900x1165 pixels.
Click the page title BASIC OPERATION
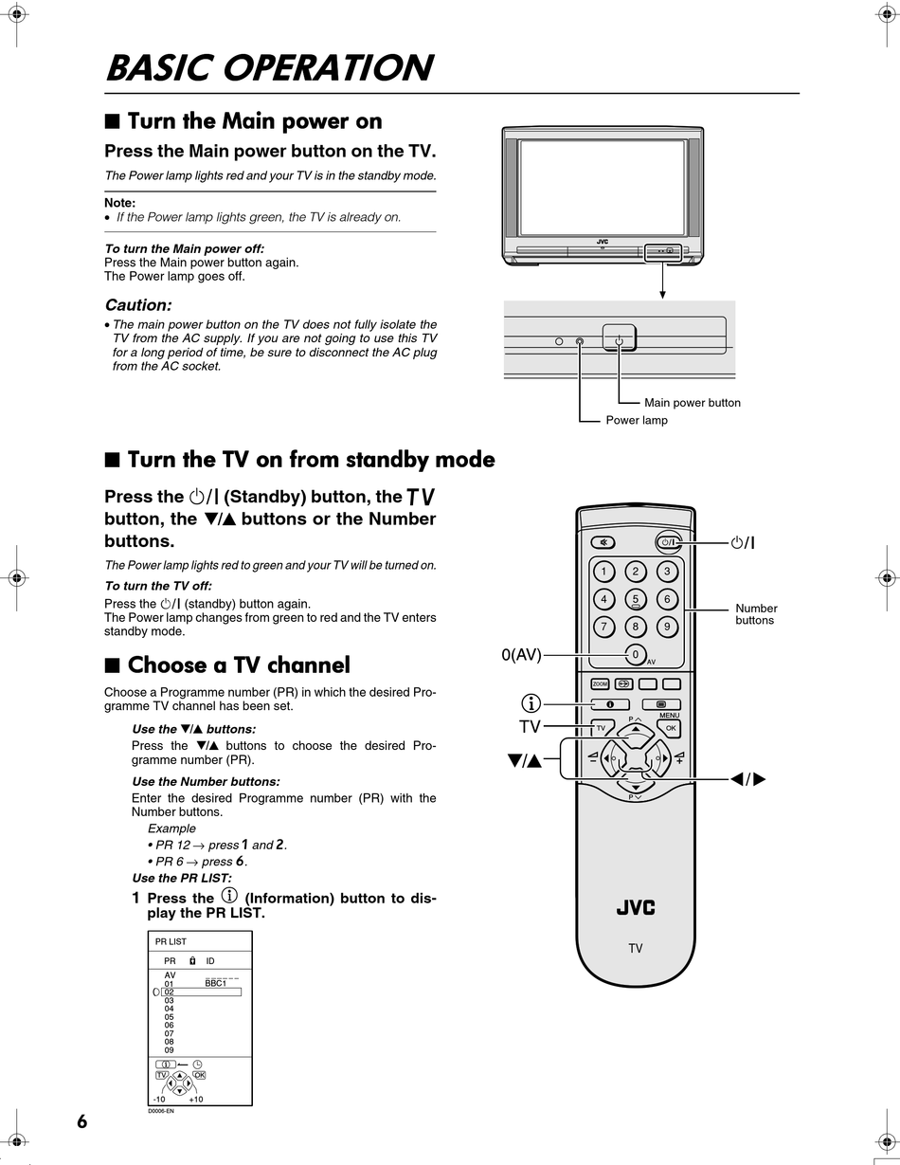click(269, 68)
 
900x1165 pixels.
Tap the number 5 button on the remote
click(636, 599)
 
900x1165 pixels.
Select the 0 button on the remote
click(636, 654)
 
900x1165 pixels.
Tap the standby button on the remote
click(668, 543)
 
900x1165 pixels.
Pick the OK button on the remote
click(670, 728)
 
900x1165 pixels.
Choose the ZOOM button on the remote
click(600, 683)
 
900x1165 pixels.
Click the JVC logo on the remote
click(636, 908)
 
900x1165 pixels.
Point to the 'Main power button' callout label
click(692, 403)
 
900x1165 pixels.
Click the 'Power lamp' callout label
click(637, 420)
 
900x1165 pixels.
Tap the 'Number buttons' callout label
click(756, 614)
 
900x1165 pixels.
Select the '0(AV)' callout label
click(521, 654)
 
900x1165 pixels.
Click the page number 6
click(82, 1122)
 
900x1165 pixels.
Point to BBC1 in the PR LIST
click(215, 984)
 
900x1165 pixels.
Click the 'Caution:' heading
click(138, 305)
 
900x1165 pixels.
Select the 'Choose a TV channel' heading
click(238, 664)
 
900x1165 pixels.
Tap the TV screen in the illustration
click(602, 187)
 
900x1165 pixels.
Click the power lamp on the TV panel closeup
click(580, 341)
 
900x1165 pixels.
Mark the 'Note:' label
click(119, 203)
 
